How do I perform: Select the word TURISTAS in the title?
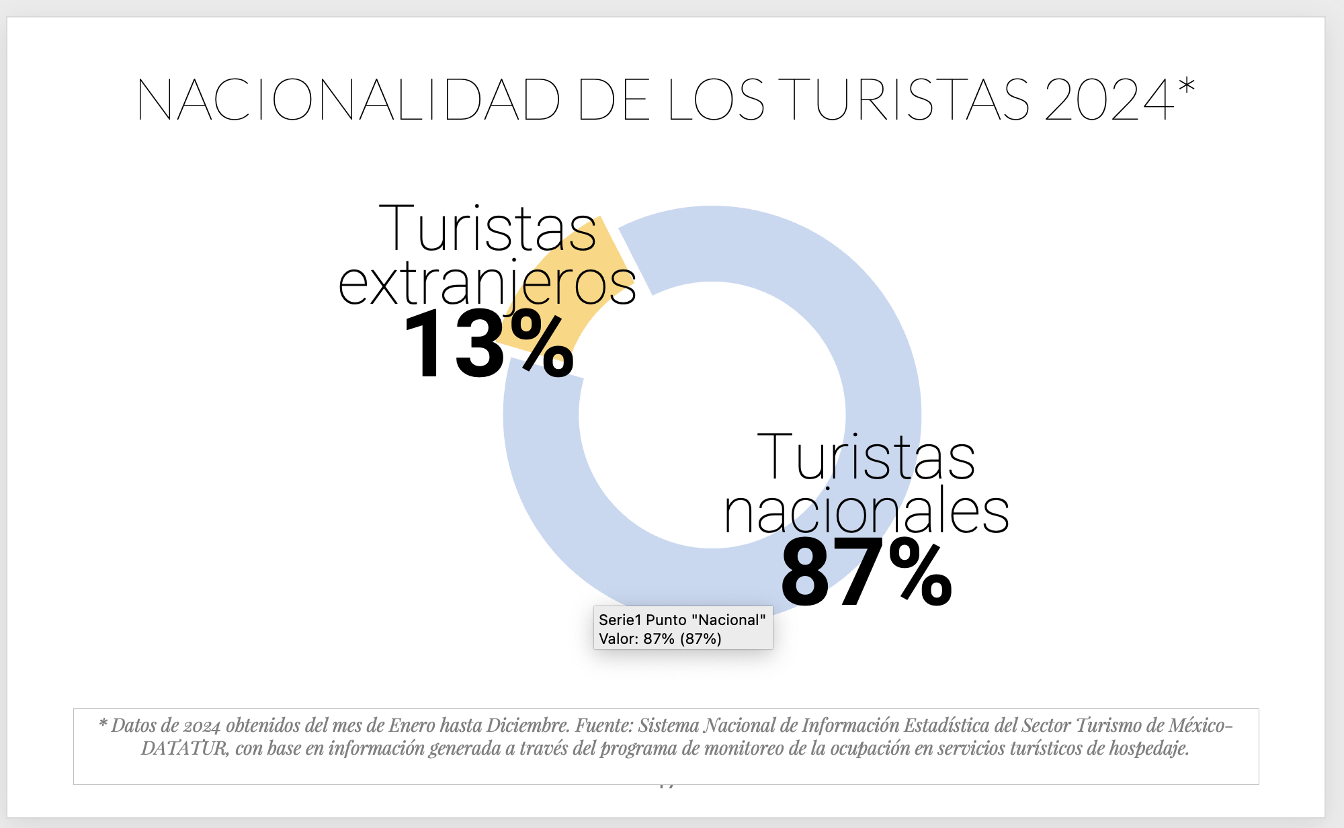point(907,100)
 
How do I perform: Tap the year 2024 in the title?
point(1109,100)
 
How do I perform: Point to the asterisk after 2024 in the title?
point(1187,86)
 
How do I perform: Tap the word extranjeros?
point(487,284)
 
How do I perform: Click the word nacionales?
point(866,512)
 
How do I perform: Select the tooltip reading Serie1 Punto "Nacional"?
point(682,620)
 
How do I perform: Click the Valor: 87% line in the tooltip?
point(660,638)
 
